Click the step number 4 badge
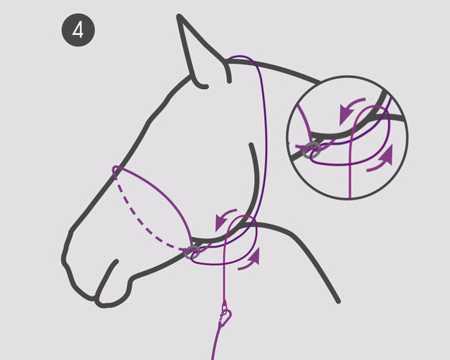pyautogui.click(x=78, y=30)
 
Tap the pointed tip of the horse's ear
pyautogui.click(x=179, y=16)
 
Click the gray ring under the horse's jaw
pyautogui.click(x=193, y=252)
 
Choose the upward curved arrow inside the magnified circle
pyautogui.click(x=382, y=159)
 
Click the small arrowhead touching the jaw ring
pyautogui.click(x=186, y=252)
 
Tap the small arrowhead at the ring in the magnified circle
pyautogui.click(x=302, y=149)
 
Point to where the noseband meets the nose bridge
pyautogui.click(x=115, y=171)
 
